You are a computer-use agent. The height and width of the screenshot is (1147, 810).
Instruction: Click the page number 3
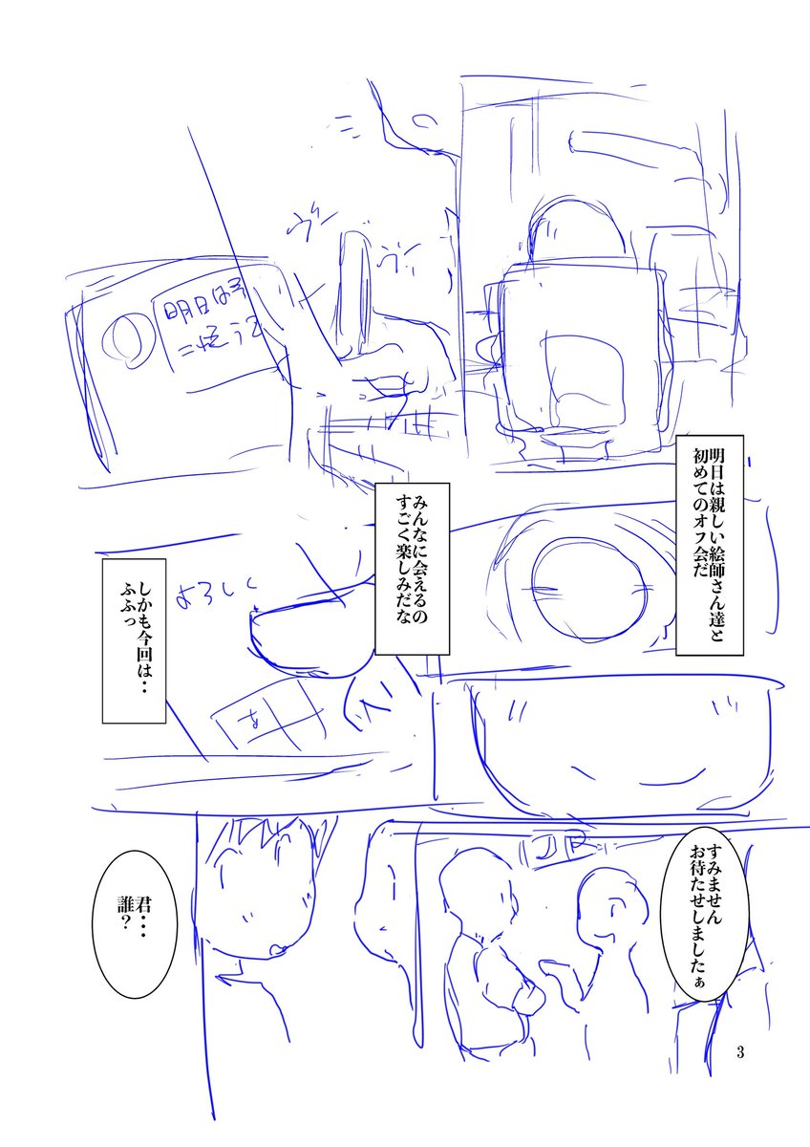pyautogui.click(x=740, y=1052)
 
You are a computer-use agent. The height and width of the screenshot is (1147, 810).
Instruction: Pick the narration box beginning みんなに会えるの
pyautogui.click(x=412, y=568)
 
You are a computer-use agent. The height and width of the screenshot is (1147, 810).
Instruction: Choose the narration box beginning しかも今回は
pyautogui.click(x=135, y=640)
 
